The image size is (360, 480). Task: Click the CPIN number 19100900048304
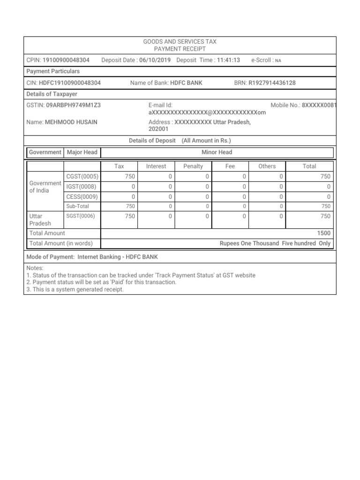coord(66,60)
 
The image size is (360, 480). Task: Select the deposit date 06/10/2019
coord(155,60)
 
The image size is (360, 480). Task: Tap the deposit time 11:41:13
coord(228,60)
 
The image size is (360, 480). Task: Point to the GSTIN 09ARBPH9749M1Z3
coord(73,105)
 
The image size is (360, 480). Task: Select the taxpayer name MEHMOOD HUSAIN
coord(71,122)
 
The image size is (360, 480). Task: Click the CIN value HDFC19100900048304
coord(70,83)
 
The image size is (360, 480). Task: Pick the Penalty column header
coord(193,166)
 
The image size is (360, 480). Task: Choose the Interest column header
coord(156,166)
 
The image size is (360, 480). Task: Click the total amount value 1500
coord(323,233)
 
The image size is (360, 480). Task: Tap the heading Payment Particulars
coord(53,71)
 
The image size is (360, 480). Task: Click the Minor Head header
coord(217,152)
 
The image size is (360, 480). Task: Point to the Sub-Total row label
coord(77,206)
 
